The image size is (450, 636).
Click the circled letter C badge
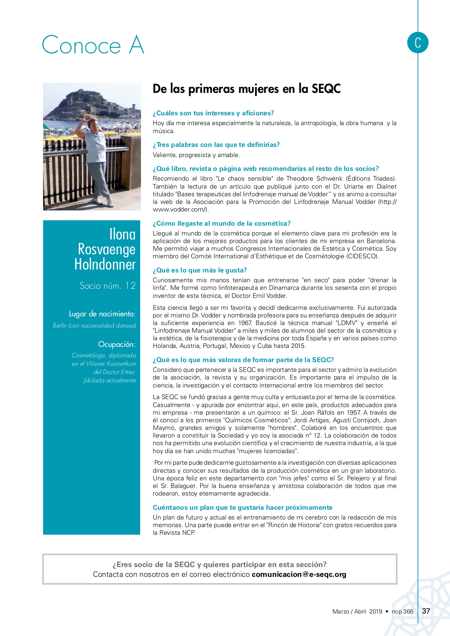[418, 42]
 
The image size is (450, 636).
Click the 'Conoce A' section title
[93, 45]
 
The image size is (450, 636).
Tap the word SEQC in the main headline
[326, 89]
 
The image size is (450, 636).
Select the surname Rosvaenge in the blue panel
[107, 249]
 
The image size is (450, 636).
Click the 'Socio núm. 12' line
[107, 286]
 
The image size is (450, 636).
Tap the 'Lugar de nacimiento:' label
[102, 314]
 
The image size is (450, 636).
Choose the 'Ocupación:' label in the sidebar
[116, 344]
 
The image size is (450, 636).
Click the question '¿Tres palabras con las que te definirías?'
[216, 145]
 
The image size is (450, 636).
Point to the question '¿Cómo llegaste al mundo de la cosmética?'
[221, 223]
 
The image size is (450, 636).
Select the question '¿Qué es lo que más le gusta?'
[200, 270]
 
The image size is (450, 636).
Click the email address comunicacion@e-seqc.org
[299, 574]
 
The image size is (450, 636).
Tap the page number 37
[426, 611]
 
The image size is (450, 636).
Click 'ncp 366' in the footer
[402, 611]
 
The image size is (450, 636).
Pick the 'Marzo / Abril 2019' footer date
[357, 611]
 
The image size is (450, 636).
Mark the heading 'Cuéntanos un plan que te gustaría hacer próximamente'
[242, 508]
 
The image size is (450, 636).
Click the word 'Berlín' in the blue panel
[60, 325]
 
